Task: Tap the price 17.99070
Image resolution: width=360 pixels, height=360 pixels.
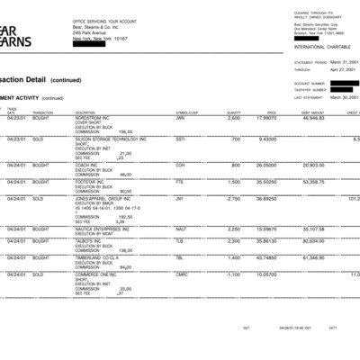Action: point(267,118)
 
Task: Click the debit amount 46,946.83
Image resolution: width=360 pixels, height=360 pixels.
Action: point(312,118)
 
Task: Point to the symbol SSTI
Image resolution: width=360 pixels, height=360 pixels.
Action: point(180,139)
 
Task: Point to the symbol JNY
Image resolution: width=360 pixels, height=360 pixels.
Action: point(179,198)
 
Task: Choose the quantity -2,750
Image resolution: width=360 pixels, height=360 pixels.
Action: point(233,198)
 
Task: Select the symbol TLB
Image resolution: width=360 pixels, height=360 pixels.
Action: point(179,241)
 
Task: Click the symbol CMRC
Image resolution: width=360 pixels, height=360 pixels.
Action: point(181,274)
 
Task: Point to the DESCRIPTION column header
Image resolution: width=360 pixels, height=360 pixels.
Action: point(86,112)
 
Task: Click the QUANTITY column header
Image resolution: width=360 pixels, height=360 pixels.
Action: point(233,112)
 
